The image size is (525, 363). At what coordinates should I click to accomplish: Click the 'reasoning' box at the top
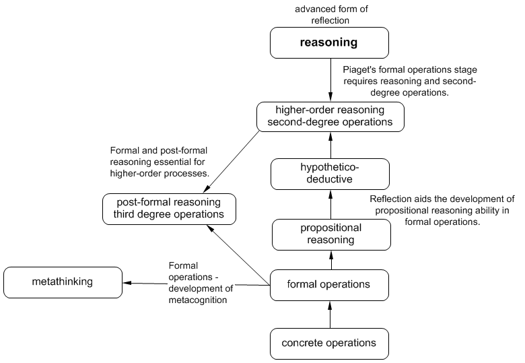[x=330, y=42]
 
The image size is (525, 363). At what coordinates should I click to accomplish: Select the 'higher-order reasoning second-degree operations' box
[x=330, y=117]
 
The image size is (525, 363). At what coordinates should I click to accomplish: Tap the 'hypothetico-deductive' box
[x=330, y=173]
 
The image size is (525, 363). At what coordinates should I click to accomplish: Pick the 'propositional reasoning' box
[x=330, y=234]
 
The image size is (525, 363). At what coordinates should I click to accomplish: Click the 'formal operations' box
[x=330, y=284]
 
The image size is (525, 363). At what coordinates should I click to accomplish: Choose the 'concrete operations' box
[x=330, y=343]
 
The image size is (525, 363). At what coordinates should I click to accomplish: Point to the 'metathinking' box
[x=63, y=282]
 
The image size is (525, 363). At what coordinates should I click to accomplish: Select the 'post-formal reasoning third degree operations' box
[x=169, y=208]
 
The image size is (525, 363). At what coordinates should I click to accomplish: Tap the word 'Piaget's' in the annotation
[x=360, y=69]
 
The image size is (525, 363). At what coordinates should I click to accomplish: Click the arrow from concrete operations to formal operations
[x=330, y=314]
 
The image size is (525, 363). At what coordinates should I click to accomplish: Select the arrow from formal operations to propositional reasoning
[x=330, y=259]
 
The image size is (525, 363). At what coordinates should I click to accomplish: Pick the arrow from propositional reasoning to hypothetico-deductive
[x=330, y=204]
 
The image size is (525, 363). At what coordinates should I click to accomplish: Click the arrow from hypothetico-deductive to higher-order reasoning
[x=330, y=145]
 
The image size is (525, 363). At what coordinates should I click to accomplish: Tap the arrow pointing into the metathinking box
[x=195, y=284]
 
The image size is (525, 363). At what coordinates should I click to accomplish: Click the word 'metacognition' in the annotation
[x=198, y=300]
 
